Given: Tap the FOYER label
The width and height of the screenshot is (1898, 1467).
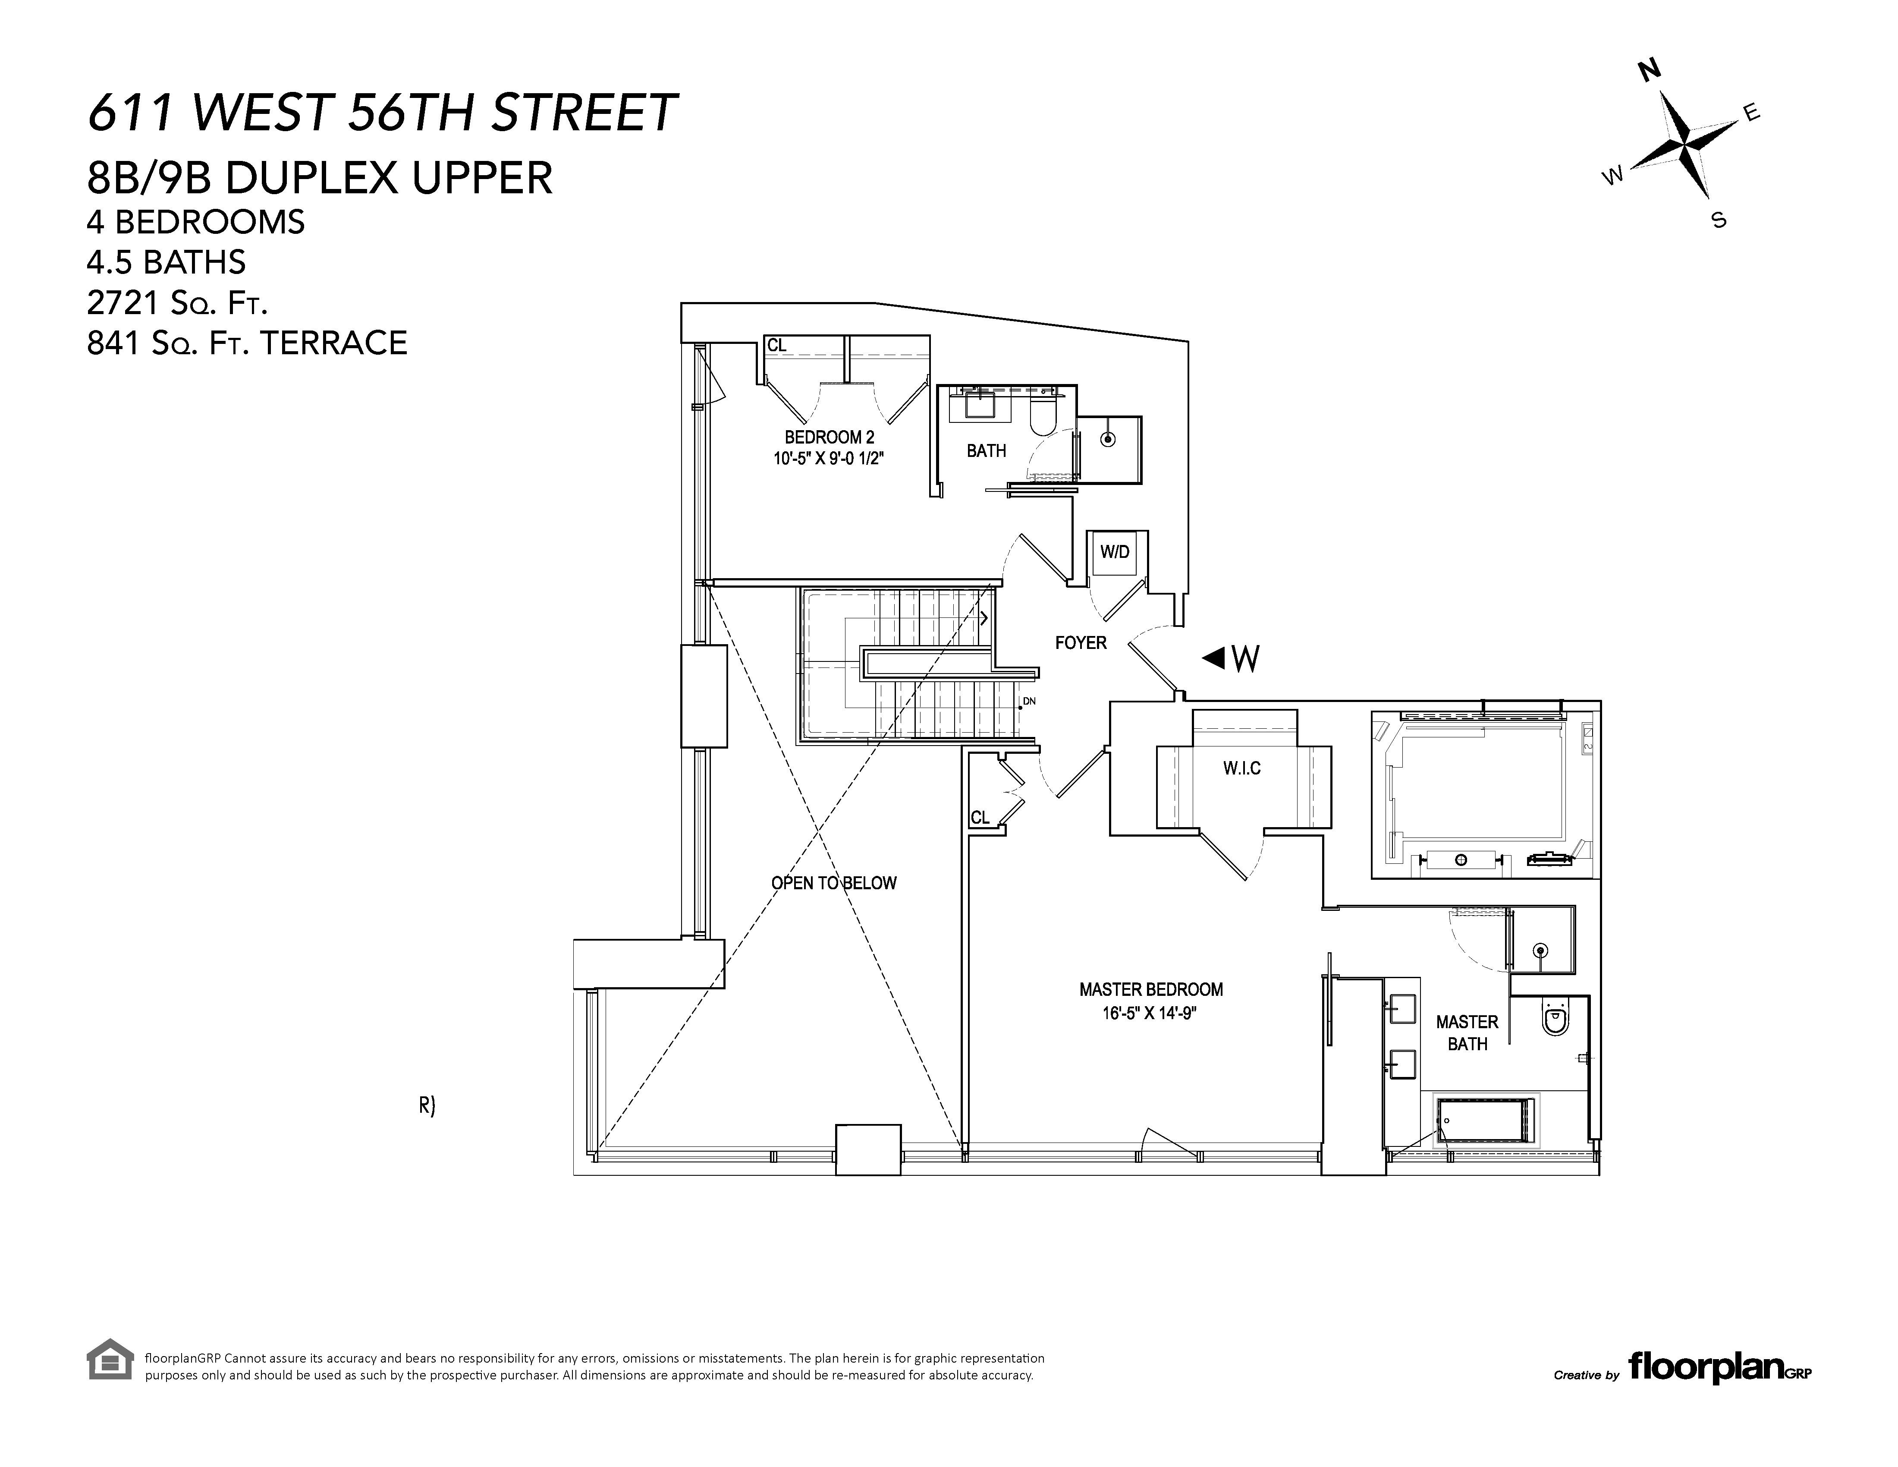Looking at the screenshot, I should coord(1080,643).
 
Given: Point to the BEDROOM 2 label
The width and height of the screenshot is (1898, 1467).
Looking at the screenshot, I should coord(829,437).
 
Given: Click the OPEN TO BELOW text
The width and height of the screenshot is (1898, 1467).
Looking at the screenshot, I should coord(833,883).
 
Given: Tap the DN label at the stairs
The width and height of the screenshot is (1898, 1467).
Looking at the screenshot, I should coord(1029,700).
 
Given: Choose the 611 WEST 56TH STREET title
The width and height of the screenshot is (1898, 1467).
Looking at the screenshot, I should coord(382,113).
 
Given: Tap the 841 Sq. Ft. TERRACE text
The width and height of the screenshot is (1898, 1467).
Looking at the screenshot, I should coord(247,343).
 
